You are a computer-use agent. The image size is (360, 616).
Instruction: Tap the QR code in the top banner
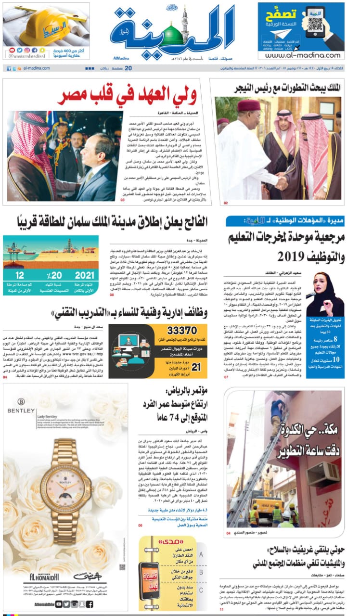[315, 25]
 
